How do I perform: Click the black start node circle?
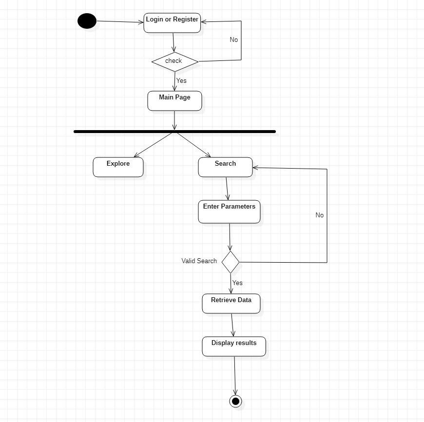tap(87, 21)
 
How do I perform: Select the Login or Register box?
tap(172, 23)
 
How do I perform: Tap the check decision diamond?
tap(174, 61)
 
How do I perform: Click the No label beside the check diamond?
tap(234, 40)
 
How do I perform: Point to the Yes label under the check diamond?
tap(181, 80)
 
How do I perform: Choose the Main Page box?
tap(174, 101)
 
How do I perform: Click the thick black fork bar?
tap(174, 132)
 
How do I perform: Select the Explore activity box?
tap(118, 167)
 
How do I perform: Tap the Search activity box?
tap(225, 167)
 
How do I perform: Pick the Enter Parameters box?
tap(229, 211)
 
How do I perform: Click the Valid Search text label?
tap(199, 261)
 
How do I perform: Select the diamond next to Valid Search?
tap(231, 262)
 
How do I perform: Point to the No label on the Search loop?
tap(319, 215)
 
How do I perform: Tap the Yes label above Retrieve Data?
tap(237, 283)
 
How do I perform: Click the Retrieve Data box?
tap(231, 304)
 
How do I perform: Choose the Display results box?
tap(234, 346)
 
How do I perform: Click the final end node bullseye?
tap(236, 401)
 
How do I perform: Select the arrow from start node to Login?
tap(119, 21)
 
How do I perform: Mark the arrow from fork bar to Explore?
tap(153, 144)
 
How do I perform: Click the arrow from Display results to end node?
tap(235, 375)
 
